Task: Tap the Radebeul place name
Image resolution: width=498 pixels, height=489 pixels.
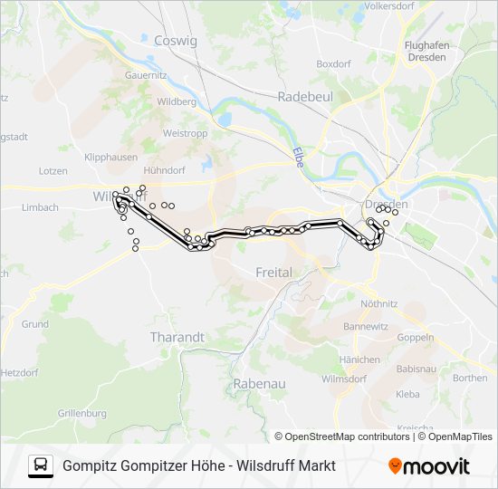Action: [307, 95]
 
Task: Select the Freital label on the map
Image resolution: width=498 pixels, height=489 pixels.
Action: [273, 272]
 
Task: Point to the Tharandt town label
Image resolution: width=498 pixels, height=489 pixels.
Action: [177, 337]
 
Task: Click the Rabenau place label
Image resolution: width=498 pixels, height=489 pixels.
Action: [259, 384]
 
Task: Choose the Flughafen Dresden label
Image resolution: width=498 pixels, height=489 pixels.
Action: [426, 51]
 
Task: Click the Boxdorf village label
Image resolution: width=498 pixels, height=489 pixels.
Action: [333, 64]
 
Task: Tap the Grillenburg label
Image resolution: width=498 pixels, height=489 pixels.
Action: [81, 414]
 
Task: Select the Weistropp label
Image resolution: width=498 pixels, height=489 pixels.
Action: [185, 133]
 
